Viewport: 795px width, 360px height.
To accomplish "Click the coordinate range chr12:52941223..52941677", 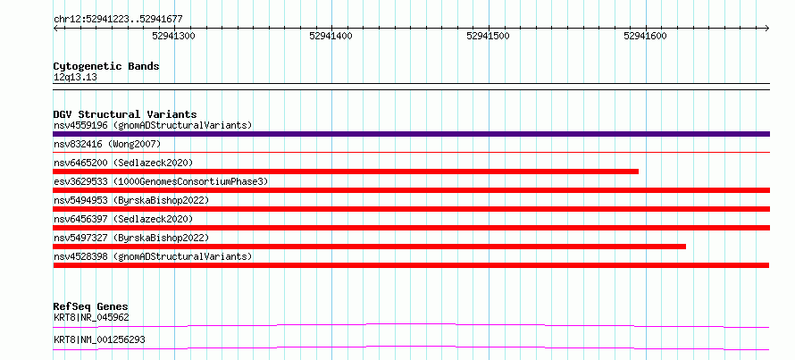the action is (x=118, y=20).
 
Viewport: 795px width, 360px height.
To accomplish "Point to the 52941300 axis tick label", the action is (x=174, y=36).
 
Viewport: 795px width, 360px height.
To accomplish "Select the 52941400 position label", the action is (x=331, y=36).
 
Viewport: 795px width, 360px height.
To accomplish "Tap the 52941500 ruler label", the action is (x=488, y=36).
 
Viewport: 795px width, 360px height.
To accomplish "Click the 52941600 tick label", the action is (x=646, y=36).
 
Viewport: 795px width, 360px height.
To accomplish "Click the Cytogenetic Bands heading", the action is (x=106, y=66).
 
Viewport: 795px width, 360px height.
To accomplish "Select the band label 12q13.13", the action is (x=75, y=78).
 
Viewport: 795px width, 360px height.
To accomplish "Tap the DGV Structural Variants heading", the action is (x=125, y=114).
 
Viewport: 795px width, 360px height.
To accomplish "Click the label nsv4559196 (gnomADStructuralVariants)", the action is (x=153, y=125).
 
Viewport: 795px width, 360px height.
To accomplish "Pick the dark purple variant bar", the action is (x=411, y=134).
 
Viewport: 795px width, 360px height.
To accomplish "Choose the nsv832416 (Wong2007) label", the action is (x=107, y=145).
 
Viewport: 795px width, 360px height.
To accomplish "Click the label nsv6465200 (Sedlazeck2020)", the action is (x=123, y=163).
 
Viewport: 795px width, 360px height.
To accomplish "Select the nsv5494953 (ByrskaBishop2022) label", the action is (x=130, y=200).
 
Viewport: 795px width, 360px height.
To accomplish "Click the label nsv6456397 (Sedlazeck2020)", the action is (x=123, y=219).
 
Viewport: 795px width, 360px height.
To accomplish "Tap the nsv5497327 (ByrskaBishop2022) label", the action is (x=130, y=238).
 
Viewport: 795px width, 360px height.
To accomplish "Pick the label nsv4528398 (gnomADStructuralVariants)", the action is (x=153, y=256).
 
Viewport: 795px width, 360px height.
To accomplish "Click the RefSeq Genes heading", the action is (x=91, y=306).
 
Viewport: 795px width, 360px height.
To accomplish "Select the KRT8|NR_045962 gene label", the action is (x=91, y=318).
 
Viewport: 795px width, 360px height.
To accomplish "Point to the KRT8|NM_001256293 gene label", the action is (x=99, y=339).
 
